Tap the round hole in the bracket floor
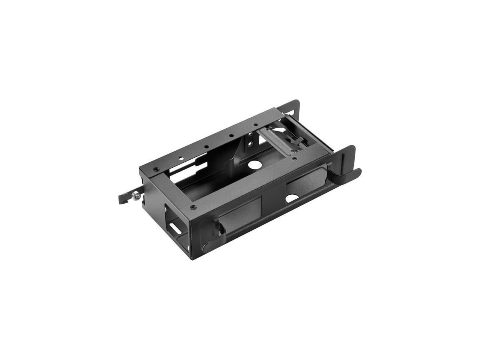[x=254, y=164]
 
